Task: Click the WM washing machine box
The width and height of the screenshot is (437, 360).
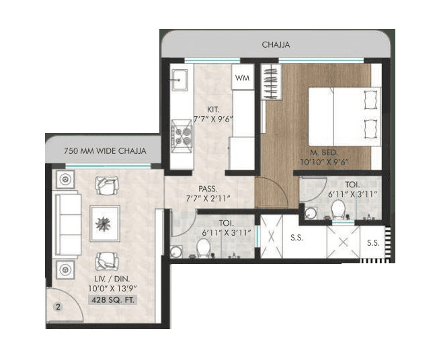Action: click(x=243, y=78)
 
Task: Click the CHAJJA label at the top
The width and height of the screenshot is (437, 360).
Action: click(x=276, y=46)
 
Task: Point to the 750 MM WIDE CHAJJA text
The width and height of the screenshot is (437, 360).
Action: click(x=104, y=150)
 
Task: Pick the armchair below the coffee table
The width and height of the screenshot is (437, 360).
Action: click(x=106, y=260)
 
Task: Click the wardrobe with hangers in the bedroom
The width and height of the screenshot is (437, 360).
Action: click(x=268, y=83)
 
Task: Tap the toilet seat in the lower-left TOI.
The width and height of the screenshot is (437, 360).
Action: click(x=200, y=248)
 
